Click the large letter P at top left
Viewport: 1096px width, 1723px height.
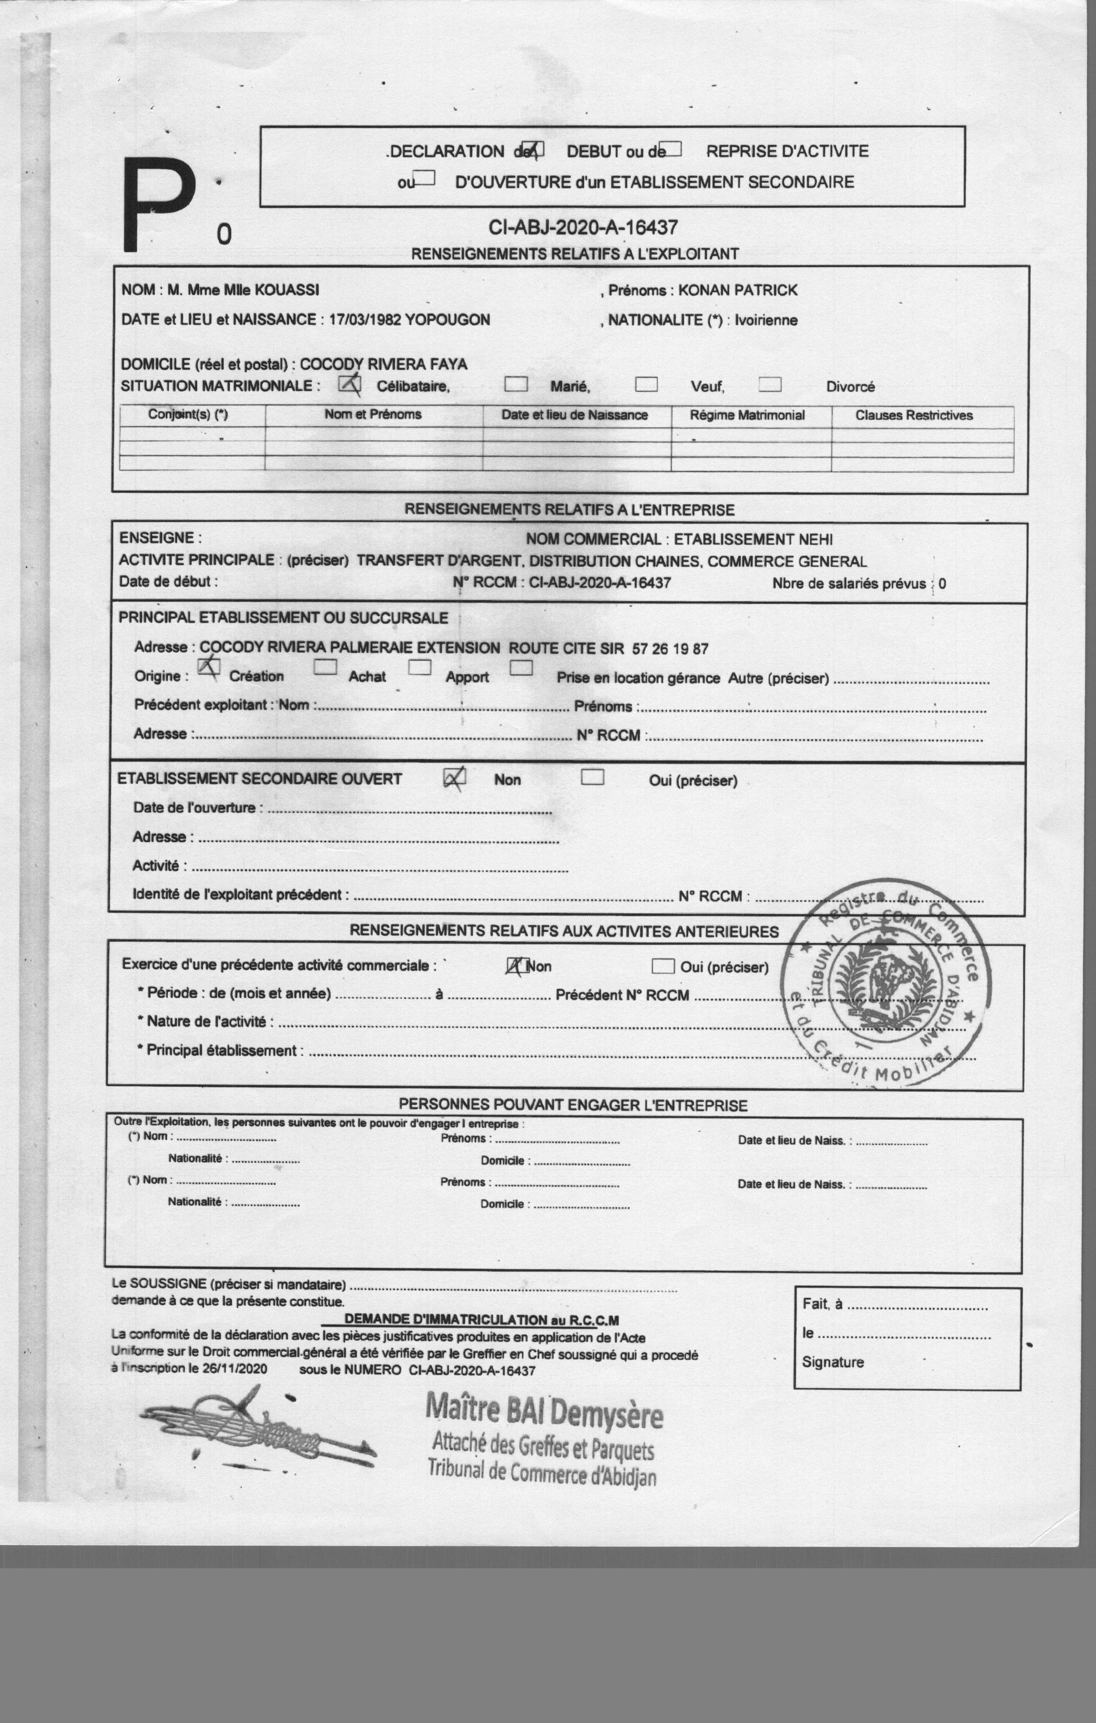click(x=159, y=205)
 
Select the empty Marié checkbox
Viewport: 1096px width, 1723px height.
click(x=516, y=384)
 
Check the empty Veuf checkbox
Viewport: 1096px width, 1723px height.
click(x=646, y=384)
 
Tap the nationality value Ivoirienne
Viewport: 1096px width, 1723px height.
click(x=765, y=320)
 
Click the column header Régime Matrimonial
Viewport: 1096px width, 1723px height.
click(x=747, y=415)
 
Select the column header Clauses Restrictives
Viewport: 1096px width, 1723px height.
click(x=913, y=415)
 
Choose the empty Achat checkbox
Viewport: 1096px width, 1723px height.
click(x=326, y=667)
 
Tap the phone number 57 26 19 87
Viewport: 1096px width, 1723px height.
click(x=670, y=649)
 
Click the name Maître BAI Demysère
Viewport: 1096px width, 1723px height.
click(x=544, y=1410)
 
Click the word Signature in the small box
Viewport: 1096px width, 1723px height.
click(x=832, y=1362)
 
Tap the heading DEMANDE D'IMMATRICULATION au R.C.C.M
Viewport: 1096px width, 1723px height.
click(x=481, y=1319)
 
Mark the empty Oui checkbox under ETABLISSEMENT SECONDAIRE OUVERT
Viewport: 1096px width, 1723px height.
click(x=592, y=777)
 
